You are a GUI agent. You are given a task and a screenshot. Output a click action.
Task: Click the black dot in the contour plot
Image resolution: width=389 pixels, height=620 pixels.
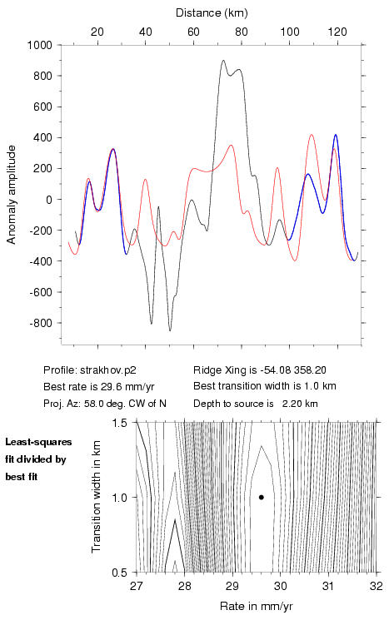(262, 497)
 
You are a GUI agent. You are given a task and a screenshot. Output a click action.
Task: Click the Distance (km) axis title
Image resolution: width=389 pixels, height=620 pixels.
(212, 13)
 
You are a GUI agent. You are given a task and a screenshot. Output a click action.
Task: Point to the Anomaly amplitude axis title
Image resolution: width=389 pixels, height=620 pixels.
(11, 195)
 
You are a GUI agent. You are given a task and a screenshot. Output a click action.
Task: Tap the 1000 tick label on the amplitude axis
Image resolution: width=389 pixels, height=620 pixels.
(40, 45)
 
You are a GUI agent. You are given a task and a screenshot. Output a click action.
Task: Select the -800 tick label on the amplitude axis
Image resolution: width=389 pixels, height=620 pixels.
(41, 323)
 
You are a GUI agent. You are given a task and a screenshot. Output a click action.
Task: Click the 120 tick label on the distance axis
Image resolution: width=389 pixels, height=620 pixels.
(337, 32)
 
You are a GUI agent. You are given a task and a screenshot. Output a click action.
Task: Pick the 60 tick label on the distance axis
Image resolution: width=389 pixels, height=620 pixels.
(193, 32)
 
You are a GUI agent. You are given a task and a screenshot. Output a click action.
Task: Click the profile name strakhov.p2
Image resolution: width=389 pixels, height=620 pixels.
(108, 370)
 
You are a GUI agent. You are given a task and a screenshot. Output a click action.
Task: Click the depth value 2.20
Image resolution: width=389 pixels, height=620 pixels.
(292, 404)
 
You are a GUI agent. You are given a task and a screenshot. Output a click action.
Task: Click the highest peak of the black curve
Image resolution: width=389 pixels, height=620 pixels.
(223, 61)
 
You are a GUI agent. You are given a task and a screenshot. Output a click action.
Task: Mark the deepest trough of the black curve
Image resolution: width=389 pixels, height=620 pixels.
(170, 330)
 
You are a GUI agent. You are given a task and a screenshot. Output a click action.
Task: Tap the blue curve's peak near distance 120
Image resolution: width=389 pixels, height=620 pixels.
(336, 135)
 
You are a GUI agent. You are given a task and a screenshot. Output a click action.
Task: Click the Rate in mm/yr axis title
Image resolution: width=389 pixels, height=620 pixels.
(256, 606)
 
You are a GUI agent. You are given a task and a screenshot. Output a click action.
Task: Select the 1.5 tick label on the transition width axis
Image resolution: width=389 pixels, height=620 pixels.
(120, 423)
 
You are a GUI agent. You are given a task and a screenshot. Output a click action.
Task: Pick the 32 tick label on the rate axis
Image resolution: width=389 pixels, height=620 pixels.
(376, 586)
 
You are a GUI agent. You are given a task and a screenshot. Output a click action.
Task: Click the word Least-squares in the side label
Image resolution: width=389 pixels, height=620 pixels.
(38, 442)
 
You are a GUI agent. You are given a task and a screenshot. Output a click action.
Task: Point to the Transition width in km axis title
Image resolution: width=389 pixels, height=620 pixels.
(97, 497)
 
